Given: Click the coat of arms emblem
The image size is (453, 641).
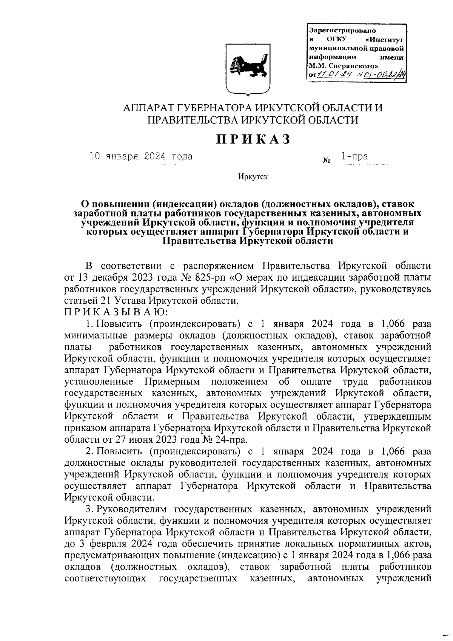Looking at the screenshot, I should click(248, 68).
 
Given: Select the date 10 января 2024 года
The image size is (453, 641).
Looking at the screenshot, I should click(141, 156).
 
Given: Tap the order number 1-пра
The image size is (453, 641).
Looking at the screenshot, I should click(355, 156).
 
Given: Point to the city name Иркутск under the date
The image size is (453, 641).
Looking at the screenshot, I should click(253, 177).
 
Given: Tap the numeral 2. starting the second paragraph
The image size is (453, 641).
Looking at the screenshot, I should click(89, 451).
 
